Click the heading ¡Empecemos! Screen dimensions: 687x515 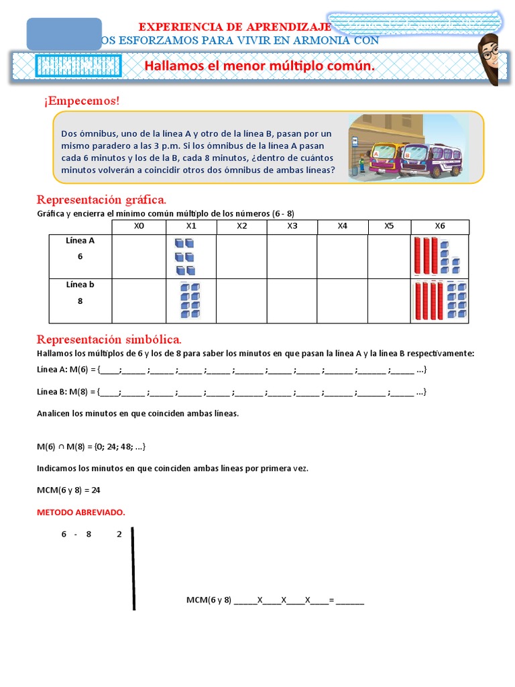(81, 101)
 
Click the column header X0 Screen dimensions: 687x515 (139, 226)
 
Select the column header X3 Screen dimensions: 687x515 (292, 226)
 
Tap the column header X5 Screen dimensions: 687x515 (389, 226)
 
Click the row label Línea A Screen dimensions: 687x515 (80, 240)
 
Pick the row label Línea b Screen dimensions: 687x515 (80, 284)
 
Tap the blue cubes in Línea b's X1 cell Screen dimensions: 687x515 (190, 301)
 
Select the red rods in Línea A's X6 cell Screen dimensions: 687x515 (426, 255)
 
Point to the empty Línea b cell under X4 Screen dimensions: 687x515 (343, 301)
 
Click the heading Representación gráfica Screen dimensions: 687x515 (101, 200)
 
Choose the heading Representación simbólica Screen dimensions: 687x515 (109, 339)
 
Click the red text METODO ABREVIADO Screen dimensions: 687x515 (80, 513)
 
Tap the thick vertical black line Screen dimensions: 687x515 (133, 568)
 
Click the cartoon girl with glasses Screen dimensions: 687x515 (489, 59)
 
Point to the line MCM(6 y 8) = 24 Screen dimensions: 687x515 (68, 490)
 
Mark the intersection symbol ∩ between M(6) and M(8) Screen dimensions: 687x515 (61, 446)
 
